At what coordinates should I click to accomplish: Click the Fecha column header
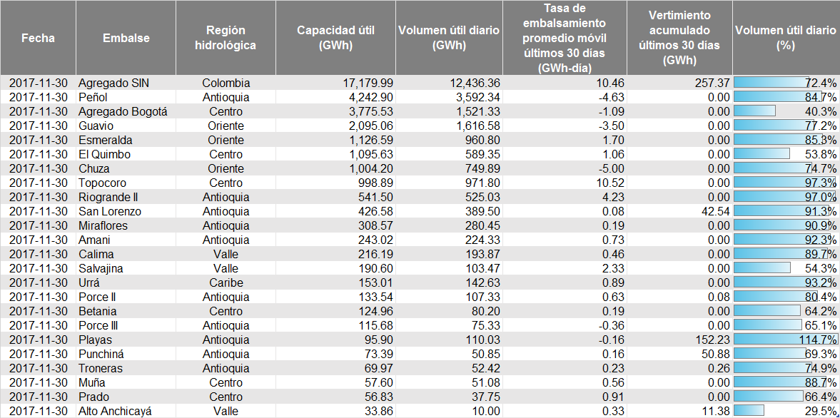point(38,38)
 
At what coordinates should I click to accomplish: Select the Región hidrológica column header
point(226,38)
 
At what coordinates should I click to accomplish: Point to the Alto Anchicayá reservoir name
point(115,411)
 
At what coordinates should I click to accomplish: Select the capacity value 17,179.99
point(363,83)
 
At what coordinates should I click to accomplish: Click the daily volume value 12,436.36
point(469,83)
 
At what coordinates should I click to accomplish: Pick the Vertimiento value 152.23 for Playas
point(711,340)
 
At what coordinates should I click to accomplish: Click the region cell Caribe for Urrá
point(226,282)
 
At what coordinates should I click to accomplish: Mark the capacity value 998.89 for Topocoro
point(373,183)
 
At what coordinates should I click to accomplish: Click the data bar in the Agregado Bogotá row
point(755,111)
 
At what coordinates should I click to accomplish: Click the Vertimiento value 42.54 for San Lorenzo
point(714,211)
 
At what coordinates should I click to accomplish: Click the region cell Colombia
point(226,83)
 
